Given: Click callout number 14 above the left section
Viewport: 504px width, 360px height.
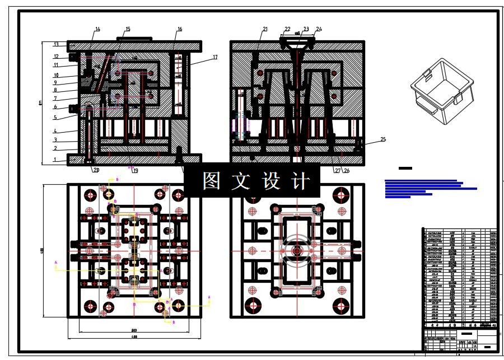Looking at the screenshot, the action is coord(97,29).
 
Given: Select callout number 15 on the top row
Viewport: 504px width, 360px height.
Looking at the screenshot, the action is coord(128,29).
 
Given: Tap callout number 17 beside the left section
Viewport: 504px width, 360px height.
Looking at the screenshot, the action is coord(214,57).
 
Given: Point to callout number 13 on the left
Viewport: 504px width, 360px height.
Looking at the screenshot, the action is coord(56,44).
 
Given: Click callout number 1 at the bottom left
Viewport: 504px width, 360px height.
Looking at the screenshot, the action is coord(55,160).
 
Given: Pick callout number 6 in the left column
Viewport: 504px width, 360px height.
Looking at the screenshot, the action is coord(55,107).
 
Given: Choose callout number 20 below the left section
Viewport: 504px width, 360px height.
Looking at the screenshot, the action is coord(96,170).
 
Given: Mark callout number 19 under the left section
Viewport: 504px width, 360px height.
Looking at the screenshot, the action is coord(134,171).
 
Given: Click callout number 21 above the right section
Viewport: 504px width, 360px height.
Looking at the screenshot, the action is coord(265,29).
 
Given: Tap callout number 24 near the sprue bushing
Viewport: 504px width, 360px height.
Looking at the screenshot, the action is coord(319,29).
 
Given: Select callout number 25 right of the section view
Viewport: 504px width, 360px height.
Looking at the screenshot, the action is coord(383,139).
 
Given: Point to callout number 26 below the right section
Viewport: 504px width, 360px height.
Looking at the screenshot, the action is coord(347,170).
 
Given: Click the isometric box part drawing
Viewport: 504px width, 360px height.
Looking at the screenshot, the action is coord(442,92).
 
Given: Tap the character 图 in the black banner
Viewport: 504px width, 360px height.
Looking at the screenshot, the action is coord(211,181).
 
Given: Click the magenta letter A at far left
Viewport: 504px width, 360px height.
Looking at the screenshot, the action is coord(56,262).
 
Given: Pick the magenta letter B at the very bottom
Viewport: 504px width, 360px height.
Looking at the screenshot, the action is coord(174,322).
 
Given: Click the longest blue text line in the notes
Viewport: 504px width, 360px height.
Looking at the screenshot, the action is coord(431,189).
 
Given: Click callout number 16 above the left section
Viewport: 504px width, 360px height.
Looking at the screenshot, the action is coord(180,29).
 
